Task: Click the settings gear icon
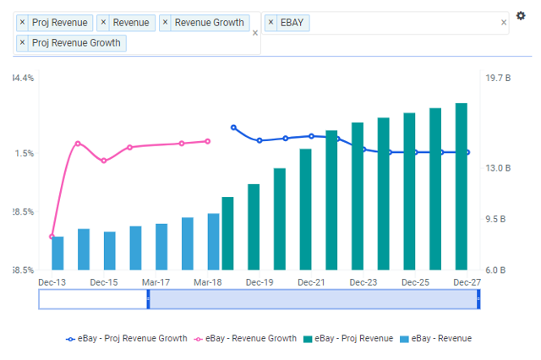(x=521, y=16)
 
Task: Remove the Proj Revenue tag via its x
(x=23, y=23)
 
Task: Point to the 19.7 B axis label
(x=498, y=78)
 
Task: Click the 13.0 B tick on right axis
(x=498, y=168)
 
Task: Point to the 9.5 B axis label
(x=498, y=219)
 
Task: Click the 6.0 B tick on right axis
(x=498, y=270)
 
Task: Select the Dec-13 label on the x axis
(x=52, y=282)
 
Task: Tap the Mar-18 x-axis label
(x=208, y=282)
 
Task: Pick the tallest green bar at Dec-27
(x=462, y=186)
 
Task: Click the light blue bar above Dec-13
(x=57, y=253)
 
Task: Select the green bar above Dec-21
(x=305, y=209)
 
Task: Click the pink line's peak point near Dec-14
(x=78, y=143)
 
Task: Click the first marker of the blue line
(x=233, y=128)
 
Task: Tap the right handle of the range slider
(x=478, y=298)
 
